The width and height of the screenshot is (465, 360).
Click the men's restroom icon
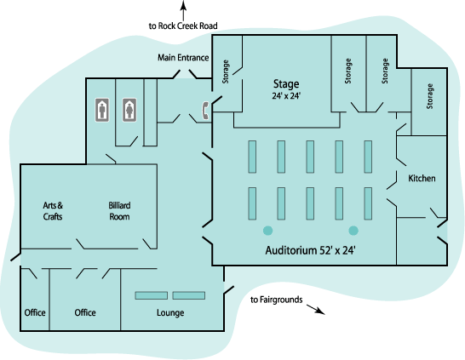coord(102,110)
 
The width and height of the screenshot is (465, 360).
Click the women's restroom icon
coord(129,110)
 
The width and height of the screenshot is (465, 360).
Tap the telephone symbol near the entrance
coord(205,111)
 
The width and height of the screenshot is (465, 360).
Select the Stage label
coord(286,84)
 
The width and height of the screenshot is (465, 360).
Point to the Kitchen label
coord(422,178)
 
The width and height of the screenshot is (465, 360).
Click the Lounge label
coord(170,313)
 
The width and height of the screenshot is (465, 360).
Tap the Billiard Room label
coord(119,211)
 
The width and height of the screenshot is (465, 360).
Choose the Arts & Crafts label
coord(53,211)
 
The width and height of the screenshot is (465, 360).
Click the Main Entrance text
coord(183,58)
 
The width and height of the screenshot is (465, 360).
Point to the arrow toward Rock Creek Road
coord(184,10)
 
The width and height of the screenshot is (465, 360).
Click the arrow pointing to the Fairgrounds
coord(316,309)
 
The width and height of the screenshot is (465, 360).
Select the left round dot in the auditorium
coord(267,231)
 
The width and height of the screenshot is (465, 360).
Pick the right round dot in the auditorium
coord(353,231)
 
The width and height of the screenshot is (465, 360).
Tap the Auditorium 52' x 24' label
coord(310,250)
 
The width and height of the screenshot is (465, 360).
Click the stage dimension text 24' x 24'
coord(286,95)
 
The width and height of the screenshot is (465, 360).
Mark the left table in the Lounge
coord(152,295)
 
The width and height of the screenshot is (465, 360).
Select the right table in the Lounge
coord(188,295)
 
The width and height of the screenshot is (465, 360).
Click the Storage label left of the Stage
coord(226,71)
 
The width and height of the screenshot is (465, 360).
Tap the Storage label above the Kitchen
coord(429,96)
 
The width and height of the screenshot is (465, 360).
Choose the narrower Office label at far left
coord(35,312)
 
